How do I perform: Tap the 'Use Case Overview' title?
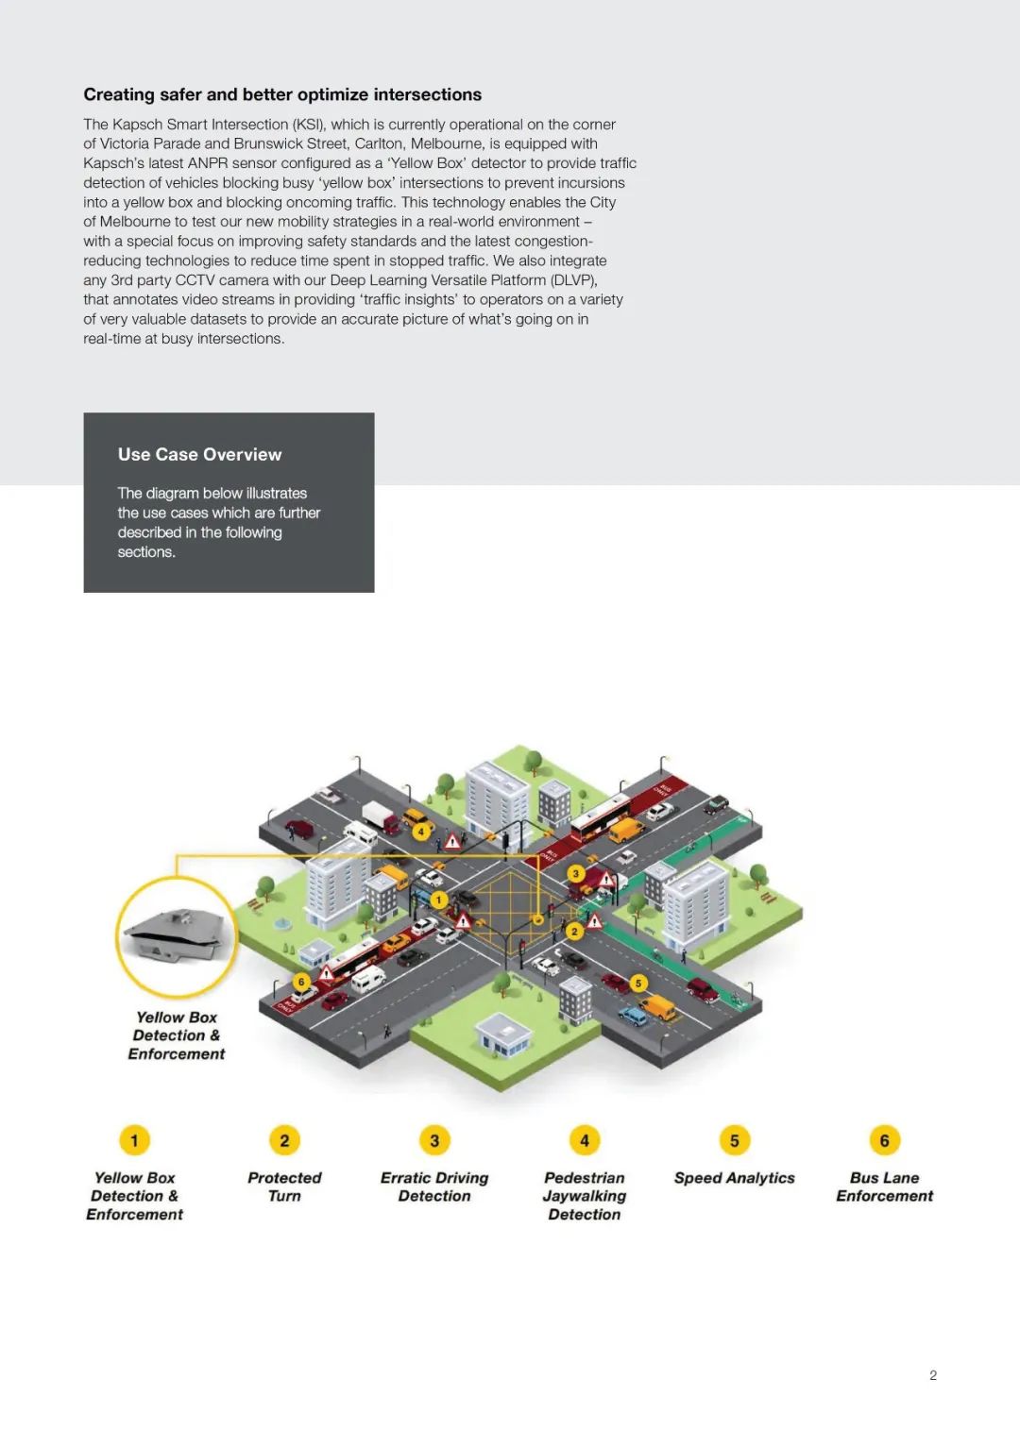point(199,454)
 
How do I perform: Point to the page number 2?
point(933,1375)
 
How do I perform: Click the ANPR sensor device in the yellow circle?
point(178,934)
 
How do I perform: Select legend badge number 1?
point(134,1140)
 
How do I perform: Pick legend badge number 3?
point(434,1140)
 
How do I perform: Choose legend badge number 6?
point(884,1140)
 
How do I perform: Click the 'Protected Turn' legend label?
point(284,1186)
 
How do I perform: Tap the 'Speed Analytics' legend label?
point(734,1178)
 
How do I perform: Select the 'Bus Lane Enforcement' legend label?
point(884,1186)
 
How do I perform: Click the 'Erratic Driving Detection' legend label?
point(434,1186)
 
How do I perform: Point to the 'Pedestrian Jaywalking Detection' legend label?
point(585,1196)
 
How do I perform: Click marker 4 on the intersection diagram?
point(421,832)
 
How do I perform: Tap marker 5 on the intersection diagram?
point(638,983)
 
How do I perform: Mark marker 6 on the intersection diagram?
point(301,982)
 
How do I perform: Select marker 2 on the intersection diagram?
point(574,932)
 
